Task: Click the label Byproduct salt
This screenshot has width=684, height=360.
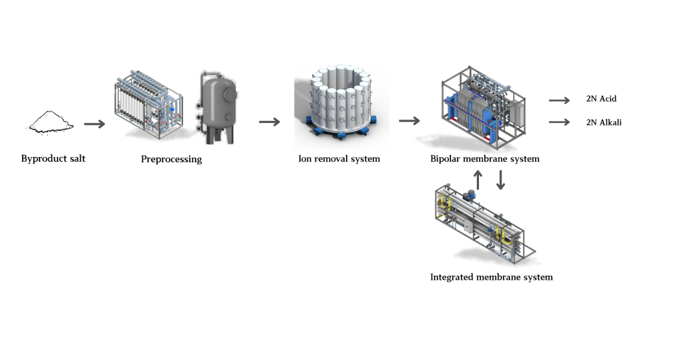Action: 53,158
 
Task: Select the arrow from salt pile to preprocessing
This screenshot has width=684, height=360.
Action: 95,124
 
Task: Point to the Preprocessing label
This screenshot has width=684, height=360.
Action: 172,160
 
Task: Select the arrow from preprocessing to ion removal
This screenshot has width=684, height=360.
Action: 269,122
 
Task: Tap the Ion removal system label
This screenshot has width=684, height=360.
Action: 339,159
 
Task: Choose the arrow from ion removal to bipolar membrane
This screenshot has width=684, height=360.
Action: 409,121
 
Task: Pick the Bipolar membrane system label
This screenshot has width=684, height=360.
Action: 485,159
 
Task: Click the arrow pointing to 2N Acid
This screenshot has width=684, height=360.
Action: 558,100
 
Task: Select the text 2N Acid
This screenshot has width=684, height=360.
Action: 601,99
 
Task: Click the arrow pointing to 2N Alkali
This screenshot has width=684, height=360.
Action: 558,122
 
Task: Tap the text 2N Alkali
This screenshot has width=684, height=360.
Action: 604,122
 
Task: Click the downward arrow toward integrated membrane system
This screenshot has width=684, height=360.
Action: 501,179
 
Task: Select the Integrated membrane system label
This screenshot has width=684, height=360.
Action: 492,277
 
